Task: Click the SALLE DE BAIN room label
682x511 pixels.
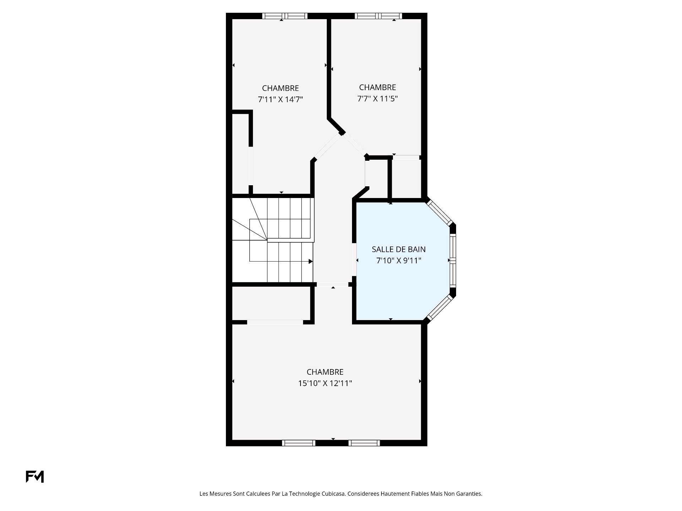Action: point(399,249)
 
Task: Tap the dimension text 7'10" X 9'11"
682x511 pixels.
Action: point(399,261)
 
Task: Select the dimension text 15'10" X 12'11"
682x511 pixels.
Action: point(325,383)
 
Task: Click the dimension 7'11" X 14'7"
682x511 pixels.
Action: point(280,99)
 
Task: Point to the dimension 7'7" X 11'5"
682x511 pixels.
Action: point(377,99)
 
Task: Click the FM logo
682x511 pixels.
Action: point(35,477)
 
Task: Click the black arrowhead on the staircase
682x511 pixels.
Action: point(310,262)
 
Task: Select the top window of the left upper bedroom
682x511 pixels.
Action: point(285,16)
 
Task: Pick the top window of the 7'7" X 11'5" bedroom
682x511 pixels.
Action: point(378,16)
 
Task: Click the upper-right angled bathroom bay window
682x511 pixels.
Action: point(439,213)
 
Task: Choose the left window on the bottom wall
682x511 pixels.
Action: point(299,443)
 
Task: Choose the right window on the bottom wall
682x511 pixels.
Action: point(364,443)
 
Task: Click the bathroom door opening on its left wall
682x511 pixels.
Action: point(354,260)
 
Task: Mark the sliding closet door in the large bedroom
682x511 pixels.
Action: point(275,322)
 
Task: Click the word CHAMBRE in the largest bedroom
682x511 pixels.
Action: point(325,372)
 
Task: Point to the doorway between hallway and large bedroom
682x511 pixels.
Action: point(332,285)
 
